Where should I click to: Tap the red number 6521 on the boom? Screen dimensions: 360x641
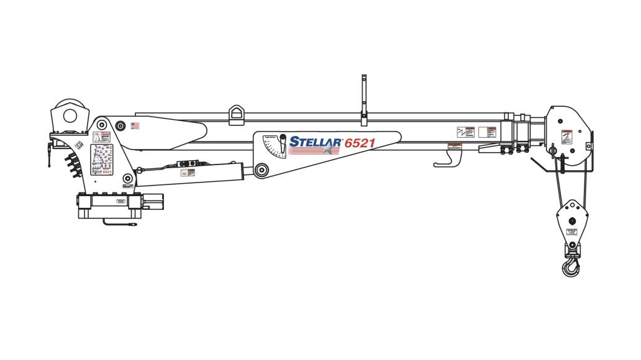click(x=360, y=143)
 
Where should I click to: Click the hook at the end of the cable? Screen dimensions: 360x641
click(x=570, y=269)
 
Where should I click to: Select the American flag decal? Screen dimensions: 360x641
click(x=135, y=125)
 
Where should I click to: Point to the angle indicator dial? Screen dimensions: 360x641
click(x=275, y=147)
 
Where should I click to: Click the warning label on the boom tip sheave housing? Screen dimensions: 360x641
click(x=566, y=137)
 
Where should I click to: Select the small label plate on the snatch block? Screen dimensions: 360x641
click(x=571, y=232)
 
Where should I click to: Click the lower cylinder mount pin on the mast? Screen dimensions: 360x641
click(x=129, y=179)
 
